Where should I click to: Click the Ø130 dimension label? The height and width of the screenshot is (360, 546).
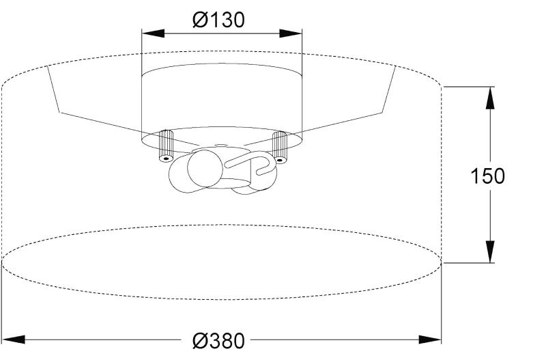point(218,20)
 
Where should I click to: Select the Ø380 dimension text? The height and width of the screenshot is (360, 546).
point(218,340)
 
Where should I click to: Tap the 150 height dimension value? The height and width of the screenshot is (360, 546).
point(487,176)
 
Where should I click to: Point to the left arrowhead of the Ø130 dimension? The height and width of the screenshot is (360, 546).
point(153,33)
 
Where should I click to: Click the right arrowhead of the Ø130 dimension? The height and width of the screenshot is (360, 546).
point(291,33)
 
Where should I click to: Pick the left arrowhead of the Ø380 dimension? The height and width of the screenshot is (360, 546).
point(13,340)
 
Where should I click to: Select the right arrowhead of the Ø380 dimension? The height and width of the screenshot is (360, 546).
point(430,340)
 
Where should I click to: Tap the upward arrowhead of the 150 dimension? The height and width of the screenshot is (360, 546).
point(490,98)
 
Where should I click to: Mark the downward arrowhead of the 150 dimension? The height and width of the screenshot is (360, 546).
point(490,251)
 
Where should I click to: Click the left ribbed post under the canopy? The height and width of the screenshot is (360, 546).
point(166,146)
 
